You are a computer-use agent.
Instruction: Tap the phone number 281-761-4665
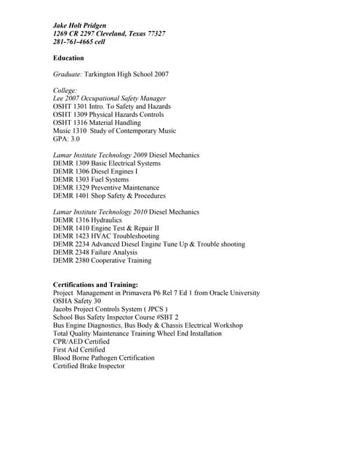[73, 41]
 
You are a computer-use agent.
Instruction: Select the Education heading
[68, 58]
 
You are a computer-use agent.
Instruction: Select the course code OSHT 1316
[71, 123]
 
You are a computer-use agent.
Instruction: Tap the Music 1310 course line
[114, 131]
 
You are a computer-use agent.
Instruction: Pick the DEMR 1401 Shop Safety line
[109, 195]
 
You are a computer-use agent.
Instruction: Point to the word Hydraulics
[107, 220]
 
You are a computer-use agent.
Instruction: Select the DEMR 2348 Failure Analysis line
[102, 252]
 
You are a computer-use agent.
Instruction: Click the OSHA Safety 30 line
[77, 301]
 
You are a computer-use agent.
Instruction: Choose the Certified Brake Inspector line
[89, 365]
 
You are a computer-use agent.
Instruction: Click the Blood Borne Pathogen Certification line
[103, 357]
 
